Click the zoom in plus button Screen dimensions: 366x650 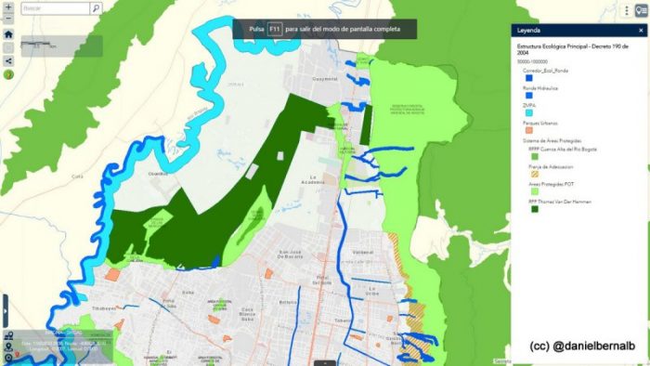[x=8, y=7]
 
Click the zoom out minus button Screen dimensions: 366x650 [x=8, y=20]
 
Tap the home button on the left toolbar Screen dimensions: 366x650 [x=8, y=33]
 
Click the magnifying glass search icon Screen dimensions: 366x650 [x=95, y=7]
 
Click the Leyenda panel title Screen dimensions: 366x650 [x=528, y=30]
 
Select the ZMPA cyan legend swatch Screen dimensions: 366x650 [x=528, y=112]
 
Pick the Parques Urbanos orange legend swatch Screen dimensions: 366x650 [x=528, y=130]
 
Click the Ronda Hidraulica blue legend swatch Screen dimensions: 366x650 [x=528, y=95]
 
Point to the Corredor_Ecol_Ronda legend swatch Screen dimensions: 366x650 [x=528, y=78]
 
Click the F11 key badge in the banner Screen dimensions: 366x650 [x=274, y=30]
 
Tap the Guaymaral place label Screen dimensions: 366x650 [x=325, y=78]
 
